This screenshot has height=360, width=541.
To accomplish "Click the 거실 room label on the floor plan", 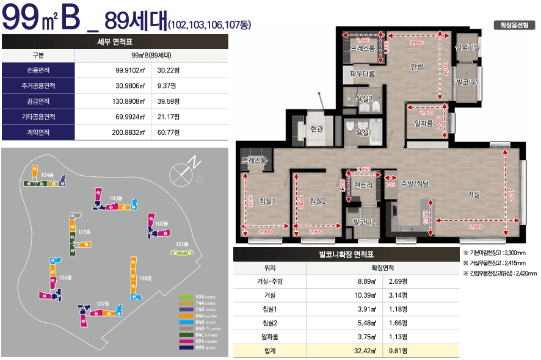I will coord(473,194).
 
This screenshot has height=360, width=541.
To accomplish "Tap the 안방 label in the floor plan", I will coord(417,67).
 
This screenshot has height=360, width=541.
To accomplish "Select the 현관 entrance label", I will coord(316,128).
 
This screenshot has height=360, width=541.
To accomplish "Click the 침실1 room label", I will coord(267,201).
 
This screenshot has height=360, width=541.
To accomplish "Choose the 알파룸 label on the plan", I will coord(423,123).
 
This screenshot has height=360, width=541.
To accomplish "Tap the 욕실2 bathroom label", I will coord(364,97).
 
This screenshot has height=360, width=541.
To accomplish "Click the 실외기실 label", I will coord(467,47).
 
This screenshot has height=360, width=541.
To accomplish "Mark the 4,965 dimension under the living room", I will coord(476,227).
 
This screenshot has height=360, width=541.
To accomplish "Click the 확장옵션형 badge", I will coord(514,26).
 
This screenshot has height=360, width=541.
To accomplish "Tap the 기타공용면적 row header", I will coord(38,116).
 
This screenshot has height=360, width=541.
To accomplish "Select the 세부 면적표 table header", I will coord(115,41).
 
